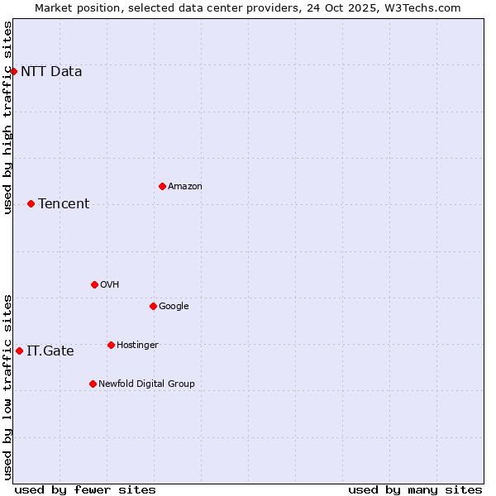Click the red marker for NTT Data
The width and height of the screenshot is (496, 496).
coord(13,71)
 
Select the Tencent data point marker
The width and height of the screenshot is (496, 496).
coord(31,203)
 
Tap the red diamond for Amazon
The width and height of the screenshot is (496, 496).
coord(162,186)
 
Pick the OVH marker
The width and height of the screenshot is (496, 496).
coord(94,284)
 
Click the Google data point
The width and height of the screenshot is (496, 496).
coord(153,306)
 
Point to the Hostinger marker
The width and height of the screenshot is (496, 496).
coord(111,345)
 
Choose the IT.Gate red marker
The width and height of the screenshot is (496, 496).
coord(19,351)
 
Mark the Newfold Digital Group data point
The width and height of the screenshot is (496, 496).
coord(93,384)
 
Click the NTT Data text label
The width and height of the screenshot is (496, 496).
coord(51,71)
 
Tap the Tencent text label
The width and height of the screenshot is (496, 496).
coord(64,204)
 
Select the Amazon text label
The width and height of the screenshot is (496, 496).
coord(185,187)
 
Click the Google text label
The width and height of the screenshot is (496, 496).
coord(174,307)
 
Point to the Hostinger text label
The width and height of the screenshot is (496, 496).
coord(137,346)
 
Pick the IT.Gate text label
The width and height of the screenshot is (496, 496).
coord(50,351)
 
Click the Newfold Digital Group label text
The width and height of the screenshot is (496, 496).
coord(146,384)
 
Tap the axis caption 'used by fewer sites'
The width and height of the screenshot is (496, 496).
coord(85,490)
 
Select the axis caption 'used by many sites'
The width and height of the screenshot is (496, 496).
coord(415,490)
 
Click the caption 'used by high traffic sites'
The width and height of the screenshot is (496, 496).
coord(7,117)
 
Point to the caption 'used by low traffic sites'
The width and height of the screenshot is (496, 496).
coord(7,387)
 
